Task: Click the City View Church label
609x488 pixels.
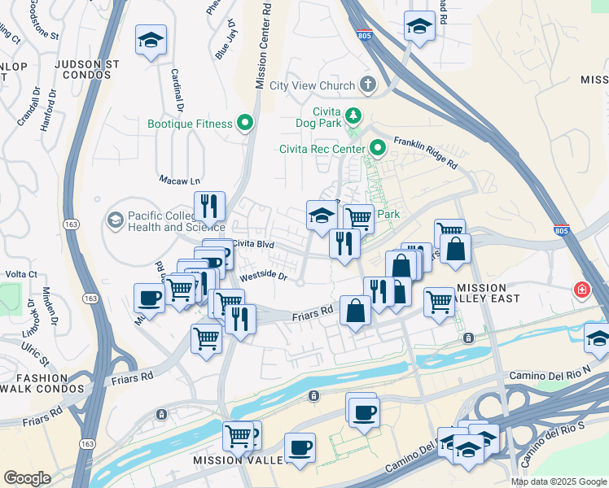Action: pyautogui.click(x=312, y=85)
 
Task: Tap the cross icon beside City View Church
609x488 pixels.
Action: pyautogui.click(x=368, y=85)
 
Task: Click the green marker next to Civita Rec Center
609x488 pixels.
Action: pyautogui.click(x=378, y=148)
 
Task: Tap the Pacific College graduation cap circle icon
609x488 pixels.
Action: pyautogui.click(x=115, y=220)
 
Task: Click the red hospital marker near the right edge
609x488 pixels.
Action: pyautogui.click(x=583, y=290)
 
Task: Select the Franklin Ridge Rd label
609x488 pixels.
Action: pyautogui.click(x=426, y=152)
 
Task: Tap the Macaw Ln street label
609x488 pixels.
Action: pyautogui.click(x=179, y=181)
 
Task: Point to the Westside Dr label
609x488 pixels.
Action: pyautogui.click(x=264, y=277)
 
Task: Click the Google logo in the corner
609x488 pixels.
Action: pyautogui.click(x=27, y=477)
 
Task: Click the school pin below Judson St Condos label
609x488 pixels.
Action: pyautogui.click(x=151, y=41)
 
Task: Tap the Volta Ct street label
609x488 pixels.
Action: pyautogui.click(x=21, y=274)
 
